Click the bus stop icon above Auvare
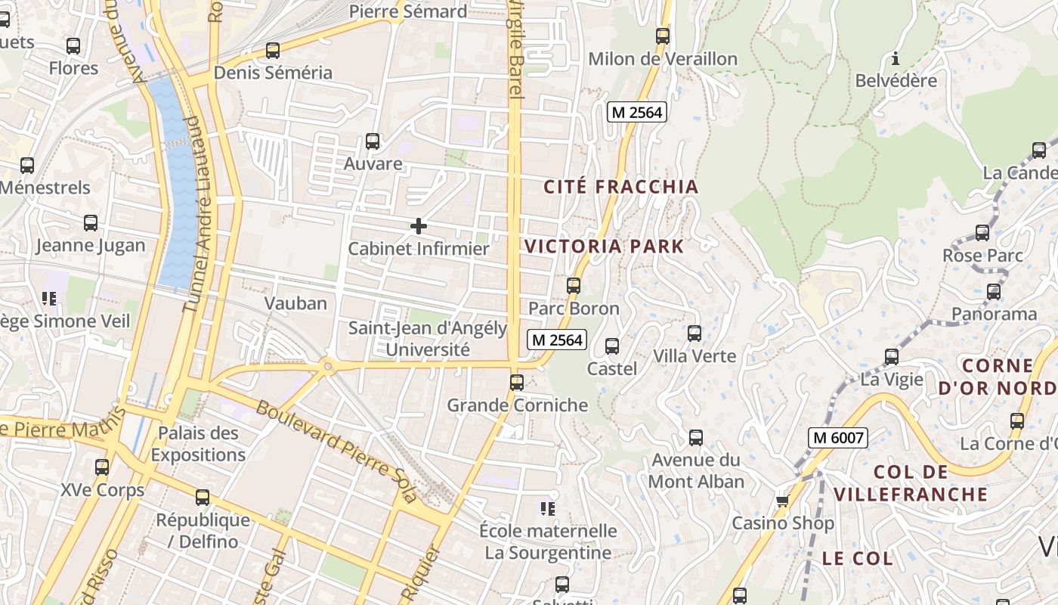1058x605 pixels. click(x=372, y=141)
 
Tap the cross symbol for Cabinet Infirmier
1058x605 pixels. click(x=418, y=225)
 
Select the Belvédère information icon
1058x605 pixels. click(x=896, y=58)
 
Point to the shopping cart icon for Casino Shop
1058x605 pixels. click(x=782, y=501)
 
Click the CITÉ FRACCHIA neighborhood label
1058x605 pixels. click(x=620, y=187)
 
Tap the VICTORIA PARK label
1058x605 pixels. click(x=604, y=247)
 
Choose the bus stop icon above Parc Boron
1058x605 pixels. click(x=574, y=286)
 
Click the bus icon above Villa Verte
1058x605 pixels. click(x=694, y=334)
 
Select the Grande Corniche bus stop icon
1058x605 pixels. click(x=517, y=383)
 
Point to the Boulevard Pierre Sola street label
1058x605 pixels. click(x=337, y=451)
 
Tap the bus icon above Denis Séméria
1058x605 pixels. click(x=273, y=51)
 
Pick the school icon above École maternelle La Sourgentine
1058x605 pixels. click(x=547, y=509)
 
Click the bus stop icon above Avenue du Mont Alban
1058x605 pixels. click(x=696, y=438)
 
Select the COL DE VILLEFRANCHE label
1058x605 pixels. click(x=910, y=483)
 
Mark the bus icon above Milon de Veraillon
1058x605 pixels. click(x=663, y=36)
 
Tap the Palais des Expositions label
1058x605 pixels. click(x=198, y=444)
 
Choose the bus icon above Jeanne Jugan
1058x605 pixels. click(x=91, y=223)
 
